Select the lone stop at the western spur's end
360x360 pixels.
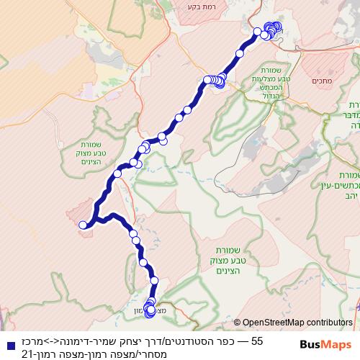83,225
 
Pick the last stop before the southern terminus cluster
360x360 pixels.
154,280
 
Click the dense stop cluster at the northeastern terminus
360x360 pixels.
271,30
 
